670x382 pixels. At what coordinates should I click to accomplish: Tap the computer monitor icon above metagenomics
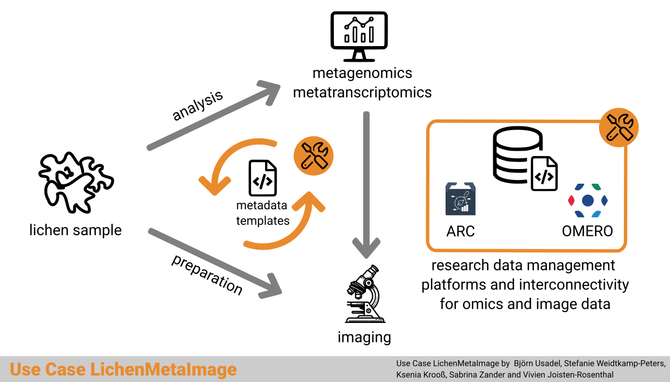359,36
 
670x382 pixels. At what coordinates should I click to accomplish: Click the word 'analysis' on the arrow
198,106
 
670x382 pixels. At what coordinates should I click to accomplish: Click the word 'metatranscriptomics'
362,92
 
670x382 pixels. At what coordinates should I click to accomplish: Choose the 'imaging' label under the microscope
364,337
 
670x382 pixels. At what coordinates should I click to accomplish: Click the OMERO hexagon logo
588,200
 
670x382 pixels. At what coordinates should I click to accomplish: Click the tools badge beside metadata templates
313,156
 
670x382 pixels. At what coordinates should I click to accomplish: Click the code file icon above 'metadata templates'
262,178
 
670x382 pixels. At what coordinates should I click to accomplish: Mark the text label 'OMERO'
588,231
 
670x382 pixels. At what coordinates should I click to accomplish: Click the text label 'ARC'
461,231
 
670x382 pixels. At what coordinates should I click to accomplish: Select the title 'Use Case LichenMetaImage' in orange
124,370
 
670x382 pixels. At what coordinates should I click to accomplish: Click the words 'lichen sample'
75,230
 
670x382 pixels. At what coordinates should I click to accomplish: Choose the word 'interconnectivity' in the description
574,284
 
